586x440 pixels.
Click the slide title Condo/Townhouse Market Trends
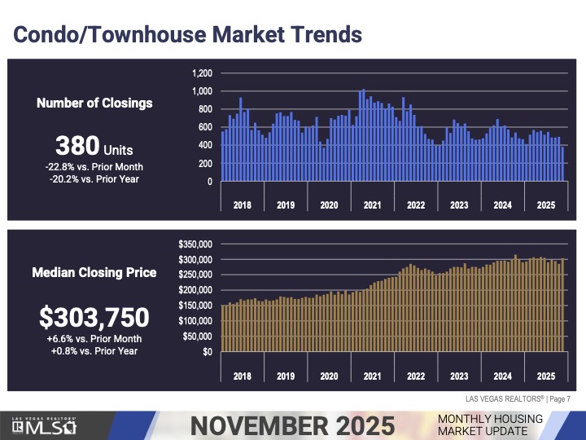click(186, 35)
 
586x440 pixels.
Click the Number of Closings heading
click(94, 103)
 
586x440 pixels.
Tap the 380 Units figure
click(94, 147)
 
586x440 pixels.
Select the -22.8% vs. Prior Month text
click(94, 166)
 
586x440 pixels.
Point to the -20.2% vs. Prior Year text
click(94, 178)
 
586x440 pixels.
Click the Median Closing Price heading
click(94, 273)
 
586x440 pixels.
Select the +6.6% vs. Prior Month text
click(94, 339)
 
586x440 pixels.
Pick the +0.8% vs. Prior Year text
click(94, 351)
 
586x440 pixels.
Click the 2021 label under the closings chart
click(372, 205)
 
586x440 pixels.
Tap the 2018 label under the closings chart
click(243, 205)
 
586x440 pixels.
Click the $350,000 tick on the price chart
click(195, 244)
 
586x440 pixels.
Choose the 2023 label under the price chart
click(459, 376)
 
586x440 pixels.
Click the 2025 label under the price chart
click(545, 376)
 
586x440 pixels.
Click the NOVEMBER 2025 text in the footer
click(292, 425)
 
